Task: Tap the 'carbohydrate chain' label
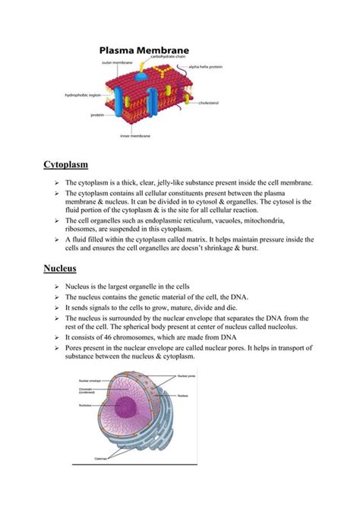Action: [166, 56]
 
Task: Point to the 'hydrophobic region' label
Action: [82, 95]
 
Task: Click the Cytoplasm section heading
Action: [66, 164]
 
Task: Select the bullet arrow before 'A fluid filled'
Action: [56, 239]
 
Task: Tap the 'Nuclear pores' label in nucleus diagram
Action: [187, 375]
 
